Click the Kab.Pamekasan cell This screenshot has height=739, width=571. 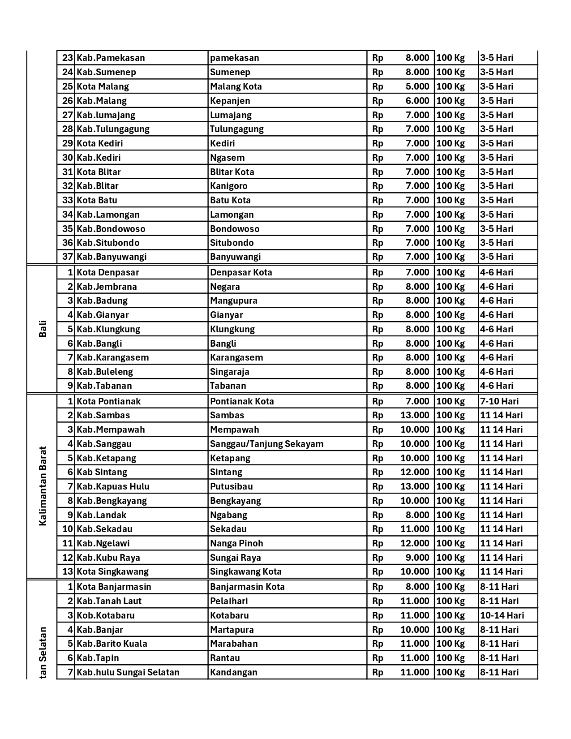(111, 58)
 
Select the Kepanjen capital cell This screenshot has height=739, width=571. (230, 101)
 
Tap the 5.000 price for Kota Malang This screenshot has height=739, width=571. (417, 86)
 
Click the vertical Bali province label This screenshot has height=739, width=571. (43, 329)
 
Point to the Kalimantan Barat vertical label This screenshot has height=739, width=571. (43, 486)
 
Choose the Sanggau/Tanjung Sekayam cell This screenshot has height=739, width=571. (266, 444)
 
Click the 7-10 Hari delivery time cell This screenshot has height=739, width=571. (499, 401)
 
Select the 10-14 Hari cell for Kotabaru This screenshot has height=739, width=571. (502, 615)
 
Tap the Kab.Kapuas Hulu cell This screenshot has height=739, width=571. (113, 486)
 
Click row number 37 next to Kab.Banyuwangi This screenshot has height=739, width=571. (67, 257)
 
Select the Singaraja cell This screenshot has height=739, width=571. (230, 372)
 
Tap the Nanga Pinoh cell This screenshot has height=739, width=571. (236, 543)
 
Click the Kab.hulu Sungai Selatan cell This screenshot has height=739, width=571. (128, 672)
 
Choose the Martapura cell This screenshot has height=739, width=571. (232, 630)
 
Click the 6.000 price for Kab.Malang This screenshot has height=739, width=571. (417, 101)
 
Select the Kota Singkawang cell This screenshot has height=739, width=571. (112, 571)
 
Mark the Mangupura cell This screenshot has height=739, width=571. (234, 301)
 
